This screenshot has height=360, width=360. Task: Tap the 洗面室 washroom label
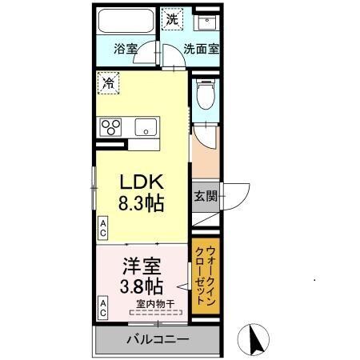[201, 49]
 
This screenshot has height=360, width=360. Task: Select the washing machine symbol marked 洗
[173, 18]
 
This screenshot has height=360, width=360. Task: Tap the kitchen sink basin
[146, 126]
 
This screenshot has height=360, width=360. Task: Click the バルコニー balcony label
[157, 339]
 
